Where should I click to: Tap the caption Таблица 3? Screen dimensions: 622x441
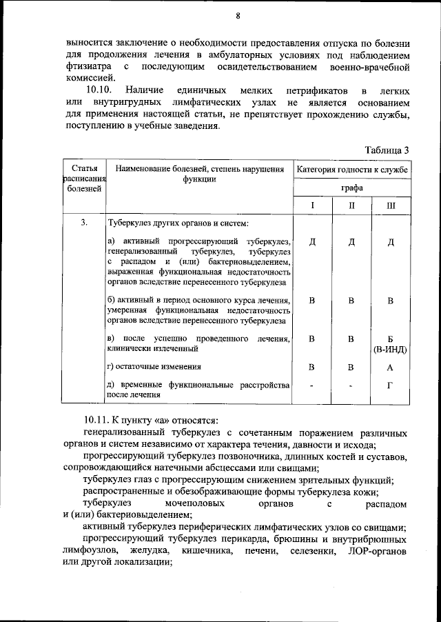point(387,150)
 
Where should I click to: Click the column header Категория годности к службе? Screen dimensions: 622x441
point(352,169)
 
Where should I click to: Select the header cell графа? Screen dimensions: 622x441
point(352,188)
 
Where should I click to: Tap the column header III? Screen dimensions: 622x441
point(391,205)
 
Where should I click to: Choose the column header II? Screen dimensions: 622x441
point(351,205)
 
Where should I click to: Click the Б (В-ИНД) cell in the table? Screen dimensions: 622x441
point(390,344)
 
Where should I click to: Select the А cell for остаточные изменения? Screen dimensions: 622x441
point(390,368)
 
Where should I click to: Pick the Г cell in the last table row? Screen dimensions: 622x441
point(390,385)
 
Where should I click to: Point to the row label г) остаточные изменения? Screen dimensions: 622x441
point(155,367)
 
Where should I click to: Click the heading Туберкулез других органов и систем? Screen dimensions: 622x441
point(178,223)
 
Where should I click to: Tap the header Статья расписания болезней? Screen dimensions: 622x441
point(84,179)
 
